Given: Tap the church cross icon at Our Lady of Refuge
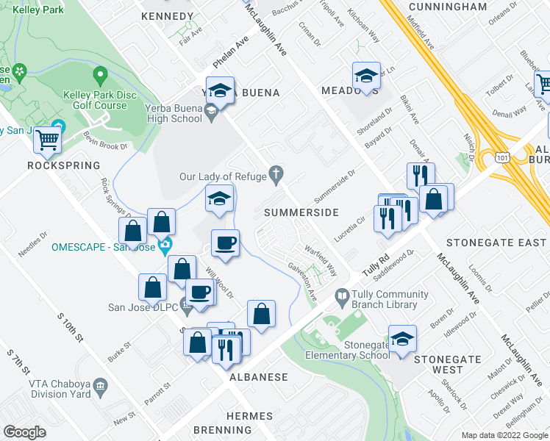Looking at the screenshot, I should [276, 174].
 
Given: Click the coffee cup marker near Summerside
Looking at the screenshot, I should [226, 243].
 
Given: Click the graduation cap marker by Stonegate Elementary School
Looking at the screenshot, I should [402, 340].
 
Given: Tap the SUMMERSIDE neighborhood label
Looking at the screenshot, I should [301, 212].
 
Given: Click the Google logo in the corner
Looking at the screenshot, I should [25, 431].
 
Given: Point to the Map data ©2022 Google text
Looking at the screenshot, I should [504, 435].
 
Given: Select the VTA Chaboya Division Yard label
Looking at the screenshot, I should [60, 388].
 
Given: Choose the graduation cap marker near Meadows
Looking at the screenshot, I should [365, 75].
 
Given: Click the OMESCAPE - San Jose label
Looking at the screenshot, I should [104, 246].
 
